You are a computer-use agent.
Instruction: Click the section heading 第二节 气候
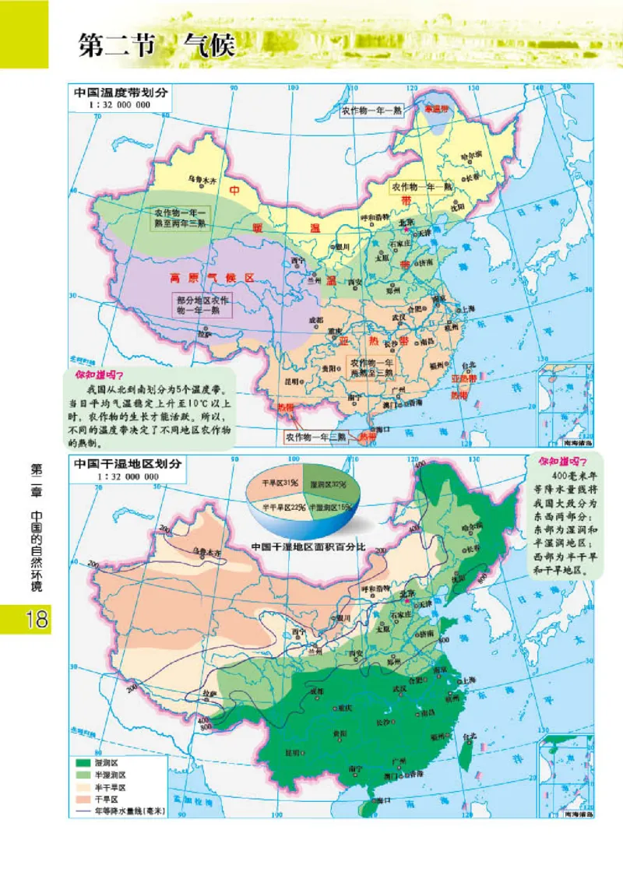pyautogui.click(x=156, y=44)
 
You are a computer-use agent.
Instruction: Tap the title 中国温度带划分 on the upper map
pyautogui.click(x=117, y=92)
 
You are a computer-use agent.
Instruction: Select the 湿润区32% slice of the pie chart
pyautogui.click(x=327, y=484)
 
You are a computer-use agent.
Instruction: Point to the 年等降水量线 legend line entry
pyautogui.click(x=117, y=810)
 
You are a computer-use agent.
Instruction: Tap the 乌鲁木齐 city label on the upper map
pyautogui.click(x=202, y=178)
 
